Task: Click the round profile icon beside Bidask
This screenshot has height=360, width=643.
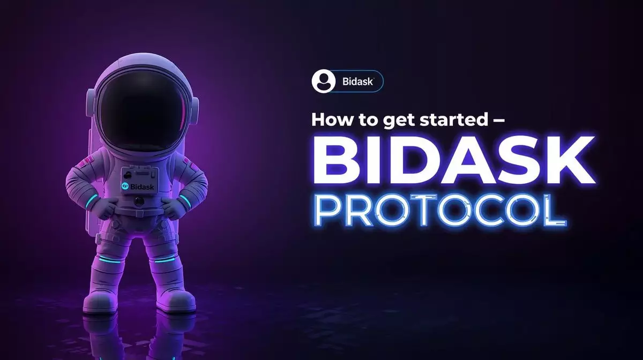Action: tap(324, 81)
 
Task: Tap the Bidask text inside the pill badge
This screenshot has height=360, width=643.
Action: tap(358, 81)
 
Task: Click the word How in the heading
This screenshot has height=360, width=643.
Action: tap(331, 119)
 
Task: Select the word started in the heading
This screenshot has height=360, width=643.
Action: tap(453, 119)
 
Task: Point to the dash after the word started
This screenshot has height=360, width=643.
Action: tap(498, 120)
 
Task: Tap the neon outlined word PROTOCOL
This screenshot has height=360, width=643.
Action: tap(441, 210)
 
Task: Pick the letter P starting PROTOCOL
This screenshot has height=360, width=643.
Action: tap(328, 210)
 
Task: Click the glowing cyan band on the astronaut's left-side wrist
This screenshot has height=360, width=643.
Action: tap(91, 201)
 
